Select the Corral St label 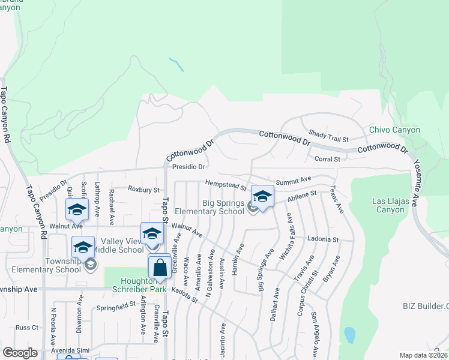click(327, 159)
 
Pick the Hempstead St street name click(226, 184)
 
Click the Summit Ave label click(294, 179)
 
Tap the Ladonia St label click(323, 239)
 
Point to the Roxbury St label click(144, 190)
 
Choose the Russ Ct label click(27, 328)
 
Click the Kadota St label click(184, 293)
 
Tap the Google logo click(20, 353)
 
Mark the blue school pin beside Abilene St click(262, 197)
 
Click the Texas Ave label click(336, 200)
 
